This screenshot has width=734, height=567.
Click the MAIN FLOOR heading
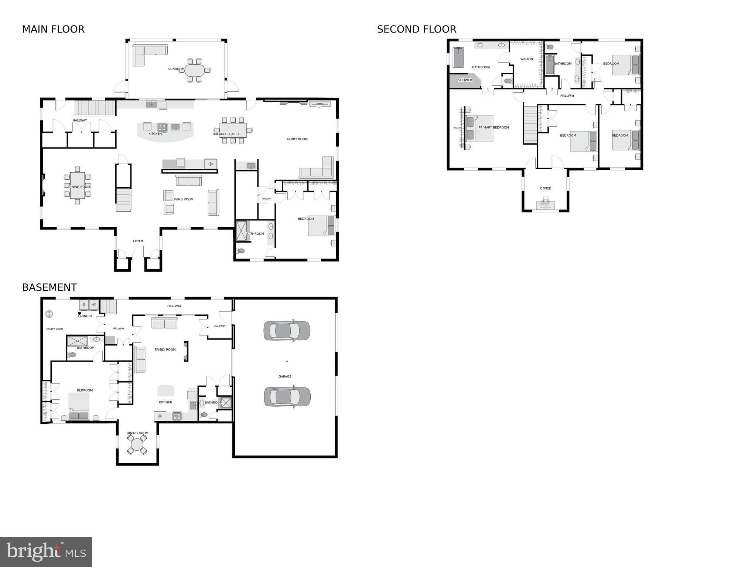pos(53,30)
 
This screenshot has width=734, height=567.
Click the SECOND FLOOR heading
pos(416,30)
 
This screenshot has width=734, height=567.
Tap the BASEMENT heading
pos(49,287)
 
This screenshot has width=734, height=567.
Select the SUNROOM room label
pos(176,69)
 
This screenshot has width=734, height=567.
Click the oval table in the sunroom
pos(195,70)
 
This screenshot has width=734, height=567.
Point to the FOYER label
pos(138,241)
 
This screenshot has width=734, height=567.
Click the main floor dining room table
pos(78,185)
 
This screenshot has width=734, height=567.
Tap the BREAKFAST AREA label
pos(226,134)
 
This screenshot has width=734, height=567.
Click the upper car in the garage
pos(287,331)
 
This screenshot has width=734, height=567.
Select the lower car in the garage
pos(287,397)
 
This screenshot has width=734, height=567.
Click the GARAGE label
pos(285,376)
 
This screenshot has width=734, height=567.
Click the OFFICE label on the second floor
pos(545,188)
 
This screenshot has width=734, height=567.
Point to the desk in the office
pos(545,204)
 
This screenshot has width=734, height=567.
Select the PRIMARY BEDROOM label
pos(494,127)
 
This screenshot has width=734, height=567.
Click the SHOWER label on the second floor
pos(465,80)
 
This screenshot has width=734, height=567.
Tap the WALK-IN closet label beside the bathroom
pos(526,59)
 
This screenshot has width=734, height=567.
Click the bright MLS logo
pos(46,551)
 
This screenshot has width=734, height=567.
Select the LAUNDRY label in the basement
pos(85,316)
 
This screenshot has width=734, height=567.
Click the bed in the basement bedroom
pos(79,406)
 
